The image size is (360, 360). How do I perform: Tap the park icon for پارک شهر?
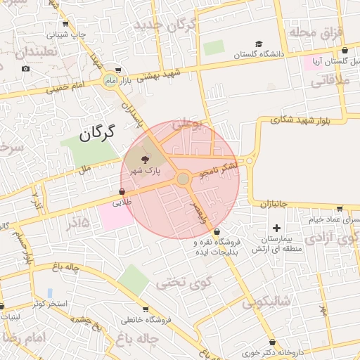146,160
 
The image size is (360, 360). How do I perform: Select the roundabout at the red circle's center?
184,179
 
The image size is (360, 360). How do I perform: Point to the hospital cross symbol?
276,228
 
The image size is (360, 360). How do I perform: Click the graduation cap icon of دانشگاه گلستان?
259,44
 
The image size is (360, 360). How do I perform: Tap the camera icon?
26,68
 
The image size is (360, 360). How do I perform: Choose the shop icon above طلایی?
122,191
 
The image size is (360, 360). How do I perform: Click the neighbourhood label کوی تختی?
174,283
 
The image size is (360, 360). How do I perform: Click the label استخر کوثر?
49,304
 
